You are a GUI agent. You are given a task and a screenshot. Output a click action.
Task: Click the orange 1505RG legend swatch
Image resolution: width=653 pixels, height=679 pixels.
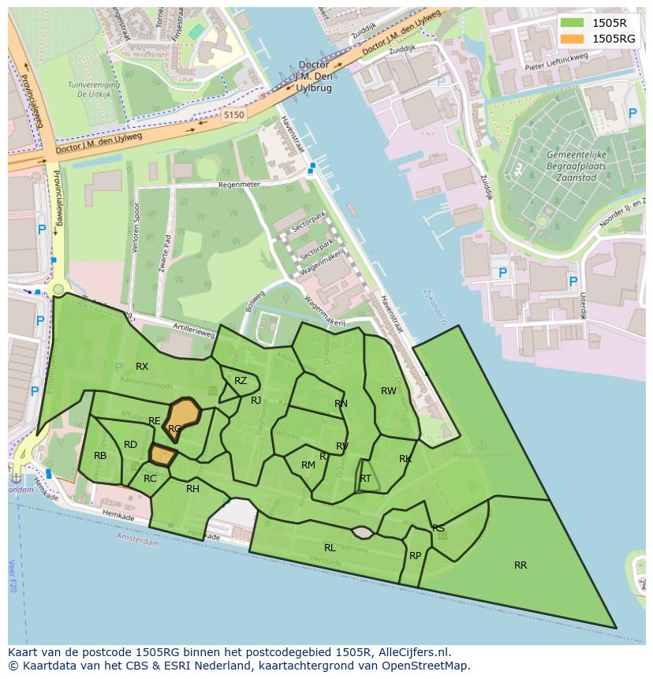pyautogui.click(x=573, y=39)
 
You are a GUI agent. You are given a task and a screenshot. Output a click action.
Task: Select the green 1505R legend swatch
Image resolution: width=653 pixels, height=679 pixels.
pyautogui.click(x=573, y=23)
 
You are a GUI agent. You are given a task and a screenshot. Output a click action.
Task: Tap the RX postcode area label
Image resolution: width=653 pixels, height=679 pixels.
pyautogui.click(x=142, y=367)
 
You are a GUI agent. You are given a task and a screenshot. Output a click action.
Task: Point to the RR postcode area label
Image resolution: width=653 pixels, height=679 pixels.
pyautogui.click(x=521, y=565)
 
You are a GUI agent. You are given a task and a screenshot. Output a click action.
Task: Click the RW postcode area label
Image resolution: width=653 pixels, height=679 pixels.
pyautogui.click(x=389, y=391)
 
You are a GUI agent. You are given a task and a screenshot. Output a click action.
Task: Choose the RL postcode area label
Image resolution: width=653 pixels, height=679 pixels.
pyautogui.click(x=330, y=547)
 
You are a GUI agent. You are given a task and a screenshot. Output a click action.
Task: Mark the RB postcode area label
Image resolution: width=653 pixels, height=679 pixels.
pyautogui.click(x=100, y=456)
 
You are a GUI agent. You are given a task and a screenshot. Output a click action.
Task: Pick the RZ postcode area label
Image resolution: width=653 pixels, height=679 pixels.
pyautogui.click(x=241, y=381)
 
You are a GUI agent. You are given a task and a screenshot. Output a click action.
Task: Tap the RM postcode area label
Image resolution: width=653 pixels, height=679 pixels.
pyautogui.click(x=308, y=465)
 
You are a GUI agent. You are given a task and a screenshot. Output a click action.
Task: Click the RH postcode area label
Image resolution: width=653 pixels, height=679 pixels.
pyautogui.click(x=192, y=489)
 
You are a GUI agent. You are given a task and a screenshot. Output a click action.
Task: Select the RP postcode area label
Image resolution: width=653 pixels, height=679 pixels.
pyautogui.click(x=415, y=556)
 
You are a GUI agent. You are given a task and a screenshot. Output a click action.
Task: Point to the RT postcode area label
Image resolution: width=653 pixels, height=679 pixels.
pyautogui.click(x=365, y=479)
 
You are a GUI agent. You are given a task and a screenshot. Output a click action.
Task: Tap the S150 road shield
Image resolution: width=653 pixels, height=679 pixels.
pyautogui.click(x=234, y=115)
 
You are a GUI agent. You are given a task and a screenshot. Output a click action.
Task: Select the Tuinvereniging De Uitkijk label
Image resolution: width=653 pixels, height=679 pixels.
pyautogui.click(x=93, y=89)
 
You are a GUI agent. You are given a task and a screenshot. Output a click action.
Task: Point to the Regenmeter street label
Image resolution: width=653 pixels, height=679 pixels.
pyautogui.click(x=238, y=185)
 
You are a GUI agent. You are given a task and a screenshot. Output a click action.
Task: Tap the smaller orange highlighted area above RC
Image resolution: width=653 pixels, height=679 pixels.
pyautogui.click(x=162, y=454)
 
